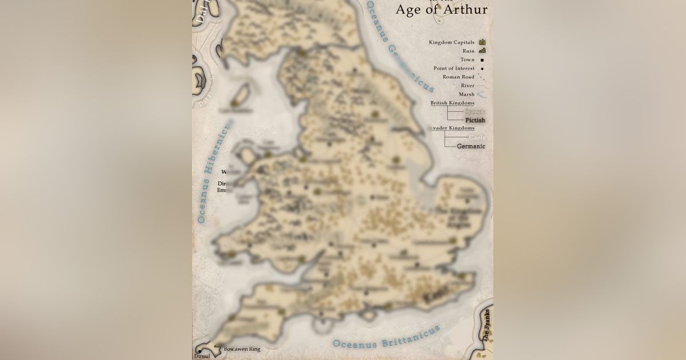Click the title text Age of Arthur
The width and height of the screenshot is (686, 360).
[x=441, y=9]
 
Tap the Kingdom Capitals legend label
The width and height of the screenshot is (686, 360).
[x=452, y=42]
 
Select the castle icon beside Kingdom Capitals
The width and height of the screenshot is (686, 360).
[x=482, y=42]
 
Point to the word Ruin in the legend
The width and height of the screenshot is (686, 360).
[x=469, y=51]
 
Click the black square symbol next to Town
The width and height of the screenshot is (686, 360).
[x=482, y=60]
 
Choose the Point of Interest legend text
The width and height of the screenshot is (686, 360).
[x=454, y=69]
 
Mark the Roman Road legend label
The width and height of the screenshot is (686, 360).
[x=458, y=77]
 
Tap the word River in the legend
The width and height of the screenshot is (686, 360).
[x=468, y=86]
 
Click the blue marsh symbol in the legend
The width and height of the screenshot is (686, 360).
[x=482, y=94]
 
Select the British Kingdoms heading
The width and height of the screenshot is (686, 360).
[x=452, y=103]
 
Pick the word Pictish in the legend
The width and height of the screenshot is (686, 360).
[x=475, y=121]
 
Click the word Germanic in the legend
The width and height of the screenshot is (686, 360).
[x=471, y=146]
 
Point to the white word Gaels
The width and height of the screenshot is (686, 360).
[x=477, y=138]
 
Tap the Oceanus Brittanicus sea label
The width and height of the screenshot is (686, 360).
[x=386, y=337]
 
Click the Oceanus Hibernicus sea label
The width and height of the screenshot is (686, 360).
[x=213, y=171]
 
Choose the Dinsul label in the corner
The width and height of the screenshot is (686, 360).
[x=202, y=355]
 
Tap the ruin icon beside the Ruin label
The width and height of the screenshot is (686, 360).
[x=482, y=51]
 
